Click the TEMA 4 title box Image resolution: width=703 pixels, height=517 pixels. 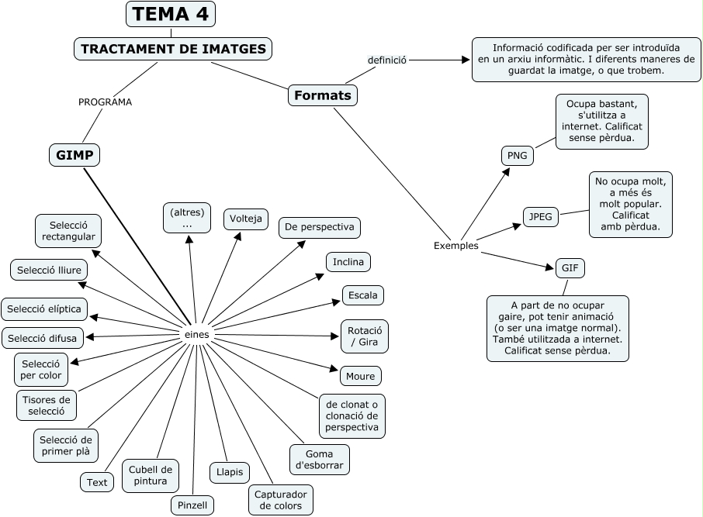171,14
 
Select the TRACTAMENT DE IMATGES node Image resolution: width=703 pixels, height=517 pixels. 173,49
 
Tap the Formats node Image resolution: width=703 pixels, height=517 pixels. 323,95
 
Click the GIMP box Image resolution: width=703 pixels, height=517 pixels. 74,155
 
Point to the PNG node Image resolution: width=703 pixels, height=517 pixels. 517,156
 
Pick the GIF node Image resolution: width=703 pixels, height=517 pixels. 570,268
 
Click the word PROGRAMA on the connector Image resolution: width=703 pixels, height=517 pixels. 105,102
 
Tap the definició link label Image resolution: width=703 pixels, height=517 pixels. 387,60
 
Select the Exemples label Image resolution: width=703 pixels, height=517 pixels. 455,246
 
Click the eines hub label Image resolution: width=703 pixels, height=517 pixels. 197,333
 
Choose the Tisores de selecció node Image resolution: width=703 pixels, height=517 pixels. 47,405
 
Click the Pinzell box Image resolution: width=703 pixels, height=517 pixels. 192,505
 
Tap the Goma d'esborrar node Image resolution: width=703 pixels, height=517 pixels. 319,460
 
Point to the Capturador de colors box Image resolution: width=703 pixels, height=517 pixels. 280,500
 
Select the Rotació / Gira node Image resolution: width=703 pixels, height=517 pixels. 364,336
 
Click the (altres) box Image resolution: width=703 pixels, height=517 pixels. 187,218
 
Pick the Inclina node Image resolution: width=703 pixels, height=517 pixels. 348,262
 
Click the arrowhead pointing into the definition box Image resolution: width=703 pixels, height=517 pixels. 466,60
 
